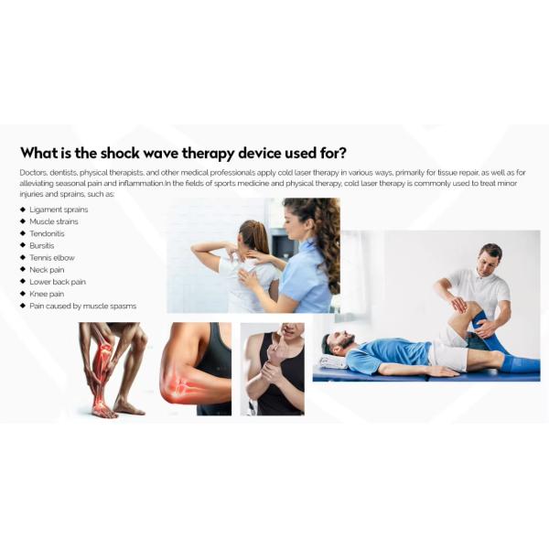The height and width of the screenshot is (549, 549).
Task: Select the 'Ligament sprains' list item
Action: pyautogui.click(x=59, y=210)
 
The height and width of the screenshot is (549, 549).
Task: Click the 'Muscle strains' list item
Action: pyautogui.click(x=54, y=221)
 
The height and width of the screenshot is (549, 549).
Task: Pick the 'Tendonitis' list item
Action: pyautogui.click(x=48, y=233)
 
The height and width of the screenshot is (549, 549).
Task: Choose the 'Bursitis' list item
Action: pyautogui.click(x=43, y=245)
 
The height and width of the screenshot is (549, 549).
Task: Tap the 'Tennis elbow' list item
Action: pyautogui.click(x=51, y=258)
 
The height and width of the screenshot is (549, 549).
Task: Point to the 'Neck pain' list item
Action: pyautogui.click(x=47, y=270)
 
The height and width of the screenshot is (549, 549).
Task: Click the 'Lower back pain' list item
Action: pyautogui.click(x=58, y=282)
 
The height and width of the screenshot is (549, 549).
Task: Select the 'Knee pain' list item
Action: pyautogui.click(x=47, y=294)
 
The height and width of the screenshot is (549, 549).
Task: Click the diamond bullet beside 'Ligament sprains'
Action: pyautogui.click(x=22, y=210)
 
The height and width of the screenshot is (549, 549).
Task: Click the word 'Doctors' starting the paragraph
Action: pyautogui.click(x=32, y=172)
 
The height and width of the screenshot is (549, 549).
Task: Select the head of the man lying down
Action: pyautogui.click(x=335, y=346)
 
